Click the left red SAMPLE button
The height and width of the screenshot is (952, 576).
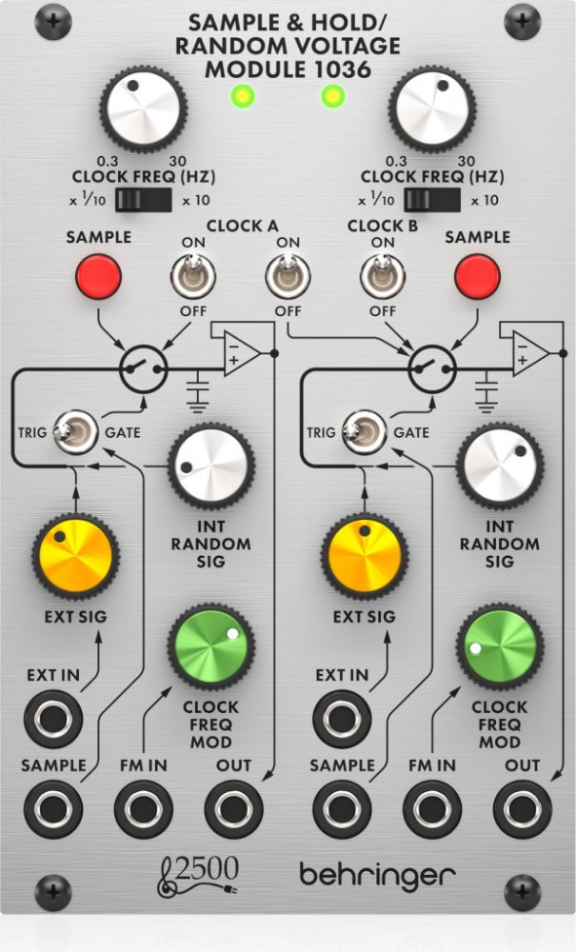point(98,275)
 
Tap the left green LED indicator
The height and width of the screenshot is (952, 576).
point(243,95)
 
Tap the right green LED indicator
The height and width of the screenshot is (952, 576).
point(331,95)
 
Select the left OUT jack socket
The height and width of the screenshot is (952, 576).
point(234,808)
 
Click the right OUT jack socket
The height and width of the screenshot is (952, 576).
point(523,808)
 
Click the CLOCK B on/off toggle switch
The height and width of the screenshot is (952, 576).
point(381,279)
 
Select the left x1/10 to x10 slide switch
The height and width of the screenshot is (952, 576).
point(143,200)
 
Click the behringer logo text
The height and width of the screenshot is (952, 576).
point(377,873)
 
